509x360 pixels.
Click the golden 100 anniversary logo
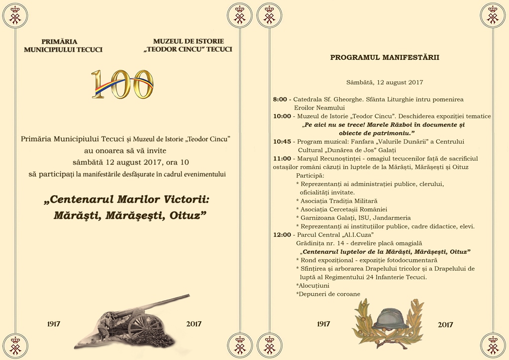122,84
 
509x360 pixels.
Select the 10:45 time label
282,141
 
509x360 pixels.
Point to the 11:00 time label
282,158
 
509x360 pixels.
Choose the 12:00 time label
282,235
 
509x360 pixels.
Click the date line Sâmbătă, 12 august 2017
385,82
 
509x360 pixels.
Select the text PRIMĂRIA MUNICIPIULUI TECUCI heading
63,45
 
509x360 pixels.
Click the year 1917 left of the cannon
54,324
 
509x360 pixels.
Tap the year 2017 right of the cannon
194,324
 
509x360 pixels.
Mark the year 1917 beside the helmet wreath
323,324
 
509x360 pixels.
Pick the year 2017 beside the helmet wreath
445,325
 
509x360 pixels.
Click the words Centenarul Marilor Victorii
127,200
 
